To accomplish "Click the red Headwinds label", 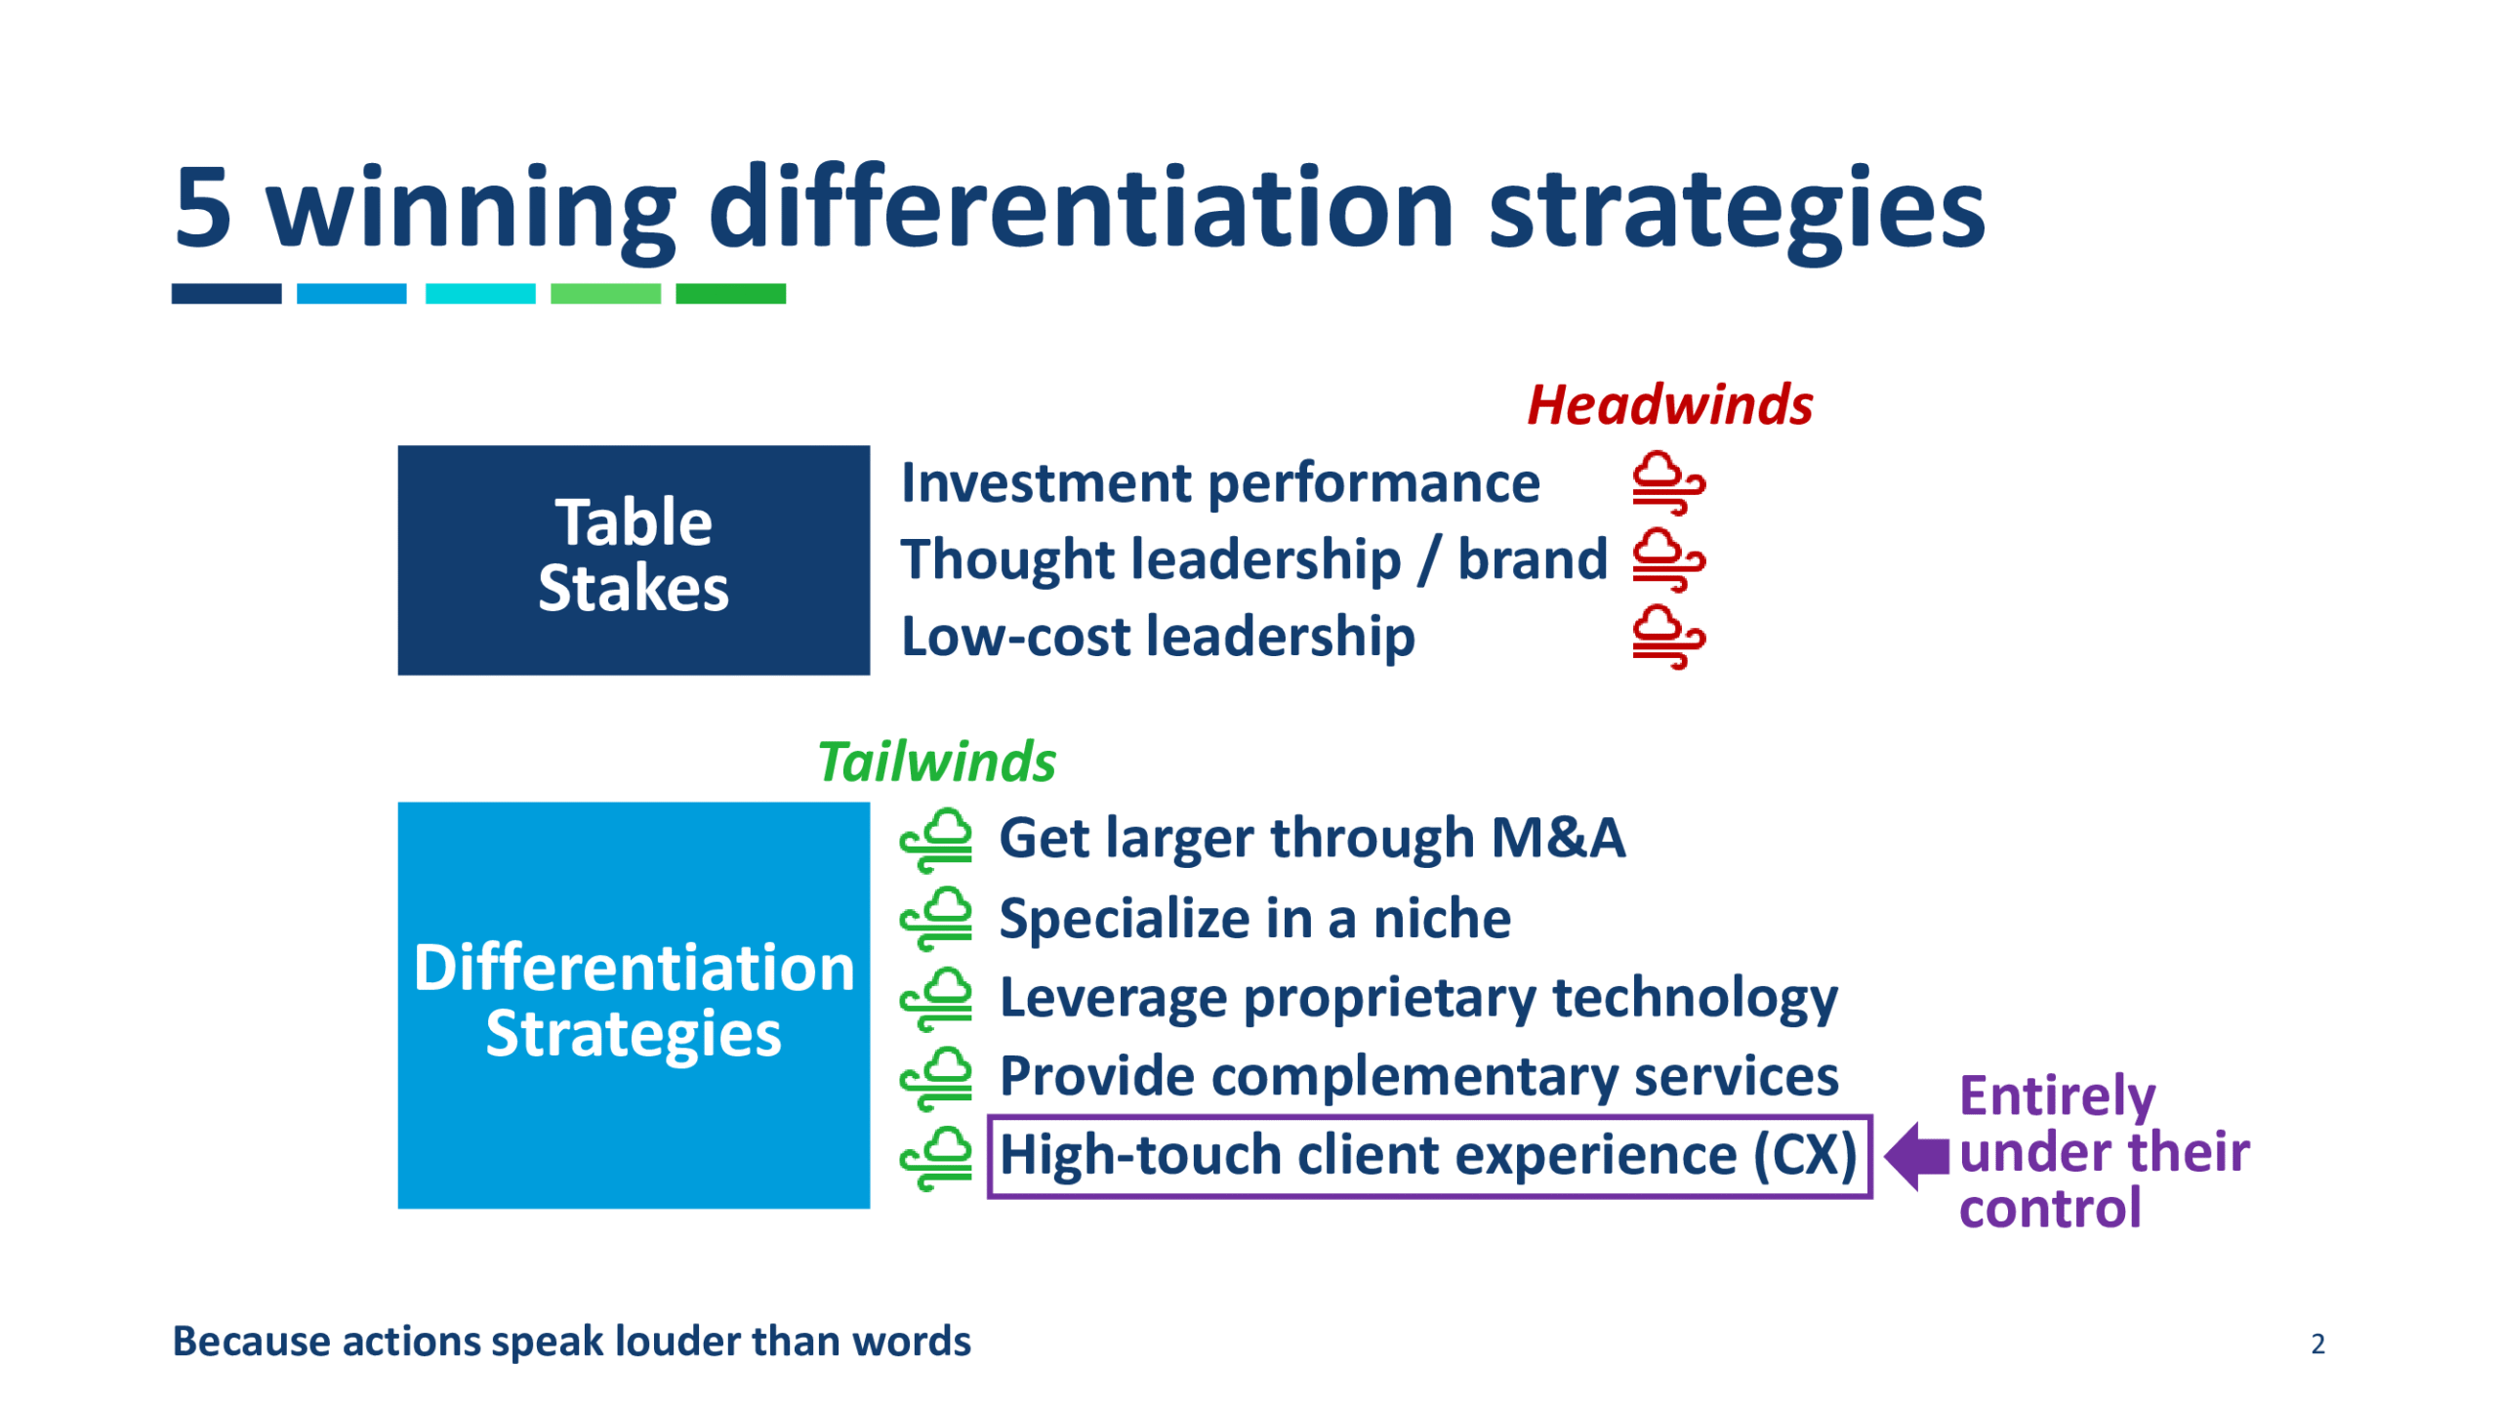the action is point(1669,404).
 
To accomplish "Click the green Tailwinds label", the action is point(936,761).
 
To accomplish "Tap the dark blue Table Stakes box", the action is point(634,559).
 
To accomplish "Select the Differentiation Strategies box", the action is point(634,1005).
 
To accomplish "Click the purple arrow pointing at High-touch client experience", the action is point(1916,1156).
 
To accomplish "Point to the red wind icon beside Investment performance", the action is point(1668,482).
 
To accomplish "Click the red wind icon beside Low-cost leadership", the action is point(1668,637).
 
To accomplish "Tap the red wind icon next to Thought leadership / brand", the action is point(1668,559).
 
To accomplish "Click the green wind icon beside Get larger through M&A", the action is point(936,840).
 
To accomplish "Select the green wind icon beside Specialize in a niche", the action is point(936,919).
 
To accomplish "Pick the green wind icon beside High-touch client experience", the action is point(936,1158).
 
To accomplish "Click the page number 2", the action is point(2317,1344).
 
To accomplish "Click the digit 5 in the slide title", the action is point(203,206).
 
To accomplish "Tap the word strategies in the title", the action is point(1737,213).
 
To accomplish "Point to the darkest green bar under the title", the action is point(730,294).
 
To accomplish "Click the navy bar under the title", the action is point(226,294).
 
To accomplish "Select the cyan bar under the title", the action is point(480,294).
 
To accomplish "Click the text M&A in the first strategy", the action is point(1558,838).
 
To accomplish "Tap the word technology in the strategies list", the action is point(1695,1000).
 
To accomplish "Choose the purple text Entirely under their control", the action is point(2104,1152).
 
